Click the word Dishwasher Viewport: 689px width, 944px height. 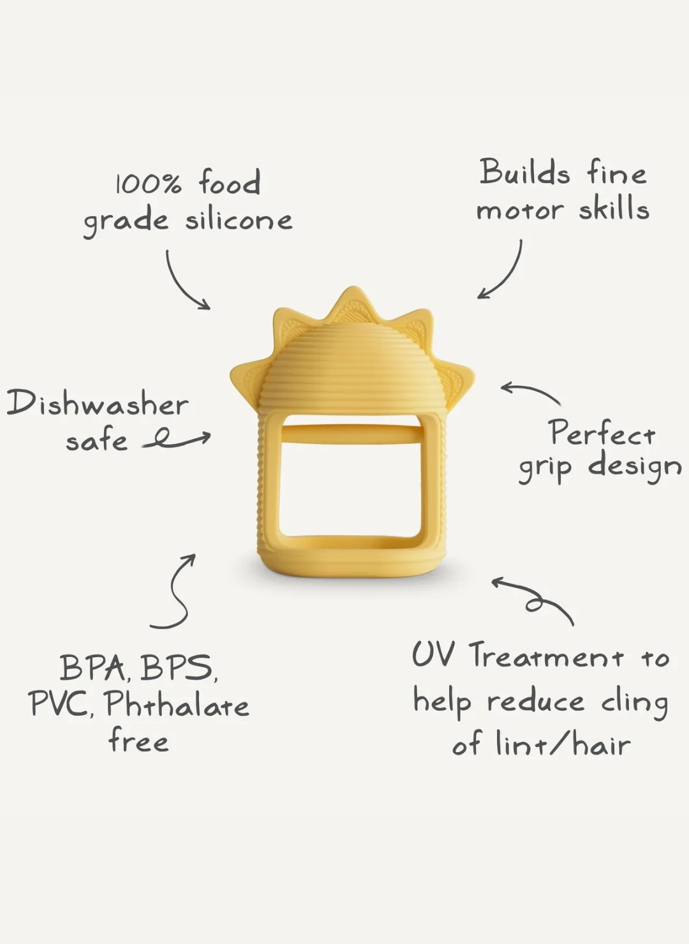tap(98, 403)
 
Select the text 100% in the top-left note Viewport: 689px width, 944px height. tap(149, 184)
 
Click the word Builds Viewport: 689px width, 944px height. tap(525, 172)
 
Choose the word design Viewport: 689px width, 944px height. tap(635, 468)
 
